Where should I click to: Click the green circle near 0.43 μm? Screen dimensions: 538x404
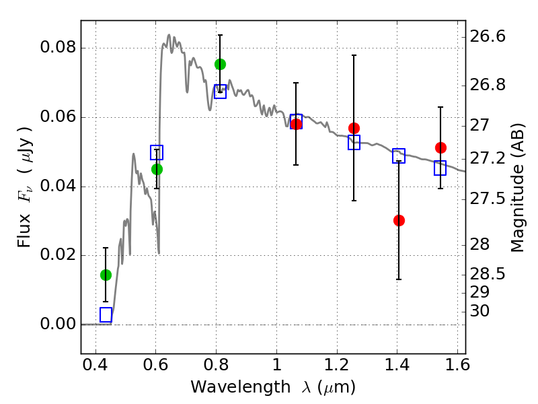pyautogui.click(x=106, y=275)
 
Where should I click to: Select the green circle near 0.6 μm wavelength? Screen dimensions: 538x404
pyautogui.click(x=157, y=170)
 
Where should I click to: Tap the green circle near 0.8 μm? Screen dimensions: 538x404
pyautogui.click(x=221, y=64)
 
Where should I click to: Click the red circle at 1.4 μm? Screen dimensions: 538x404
pyautogui.click(x=399, y=220)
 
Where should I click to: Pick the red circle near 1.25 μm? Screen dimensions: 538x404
pyautogui.click(x=354, y=128)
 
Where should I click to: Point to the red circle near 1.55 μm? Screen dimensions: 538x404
pyautogui.click(x=441, y=147)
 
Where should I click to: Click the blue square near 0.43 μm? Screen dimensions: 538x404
pyautogui.click(x=106, y=314)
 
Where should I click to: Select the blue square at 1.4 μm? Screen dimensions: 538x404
pyautogui.click(x=399, y=156)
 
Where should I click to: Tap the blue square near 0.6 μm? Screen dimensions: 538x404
pyautogui.click(x=157, y=153)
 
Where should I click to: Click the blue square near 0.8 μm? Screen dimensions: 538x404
pyautogui.click(x=221, y=92)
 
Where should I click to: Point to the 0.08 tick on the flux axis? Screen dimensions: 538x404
pyautogui.click(x=58, y=47)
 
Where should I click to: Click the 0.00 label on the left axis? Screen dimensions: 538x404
pyautogui.click(x=58, y=324)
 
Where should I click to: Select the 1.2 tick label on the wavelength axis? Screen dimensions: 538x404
pyautogui.click(x=337, y=365)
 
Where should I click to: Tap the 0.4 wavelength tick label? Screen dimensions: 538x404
pyautogui.click(x=95, y=365)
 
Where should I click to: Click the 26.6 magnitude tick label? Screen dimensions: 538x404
pyautogui.click(x=488, y=36)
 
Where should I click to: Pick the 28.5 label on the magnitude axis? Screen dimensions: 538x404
pyautogui.click(x=488, y=274)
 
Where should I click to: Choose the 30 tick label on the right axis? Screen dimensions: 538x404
pyautogui.click(x=479, y=311)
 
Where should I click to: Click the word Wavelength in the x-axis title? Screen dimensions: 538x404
pyautogui.click(x=241, y=387)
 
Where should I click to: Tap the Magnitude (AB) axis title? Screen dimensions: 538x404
pyautogui.click(x=517, y=188)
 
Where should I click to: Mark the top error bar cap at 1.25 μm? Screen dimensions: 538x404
pyautogui.click(x=354, y=55)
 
